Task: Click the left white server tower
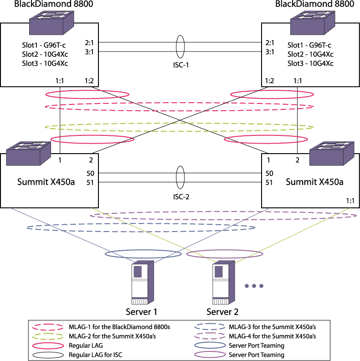142,283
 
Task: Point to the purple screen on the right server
219,272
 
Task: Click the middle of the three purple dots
254,286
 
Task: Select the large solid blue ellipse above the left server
143,250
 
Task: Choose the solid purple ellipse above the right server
224,250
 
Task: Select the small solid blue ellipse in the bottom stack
210,345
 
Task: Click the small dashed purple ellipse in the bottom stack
210,336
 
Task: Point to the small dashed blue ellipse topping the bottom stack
210,326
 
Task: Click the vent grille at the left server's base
140,301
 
